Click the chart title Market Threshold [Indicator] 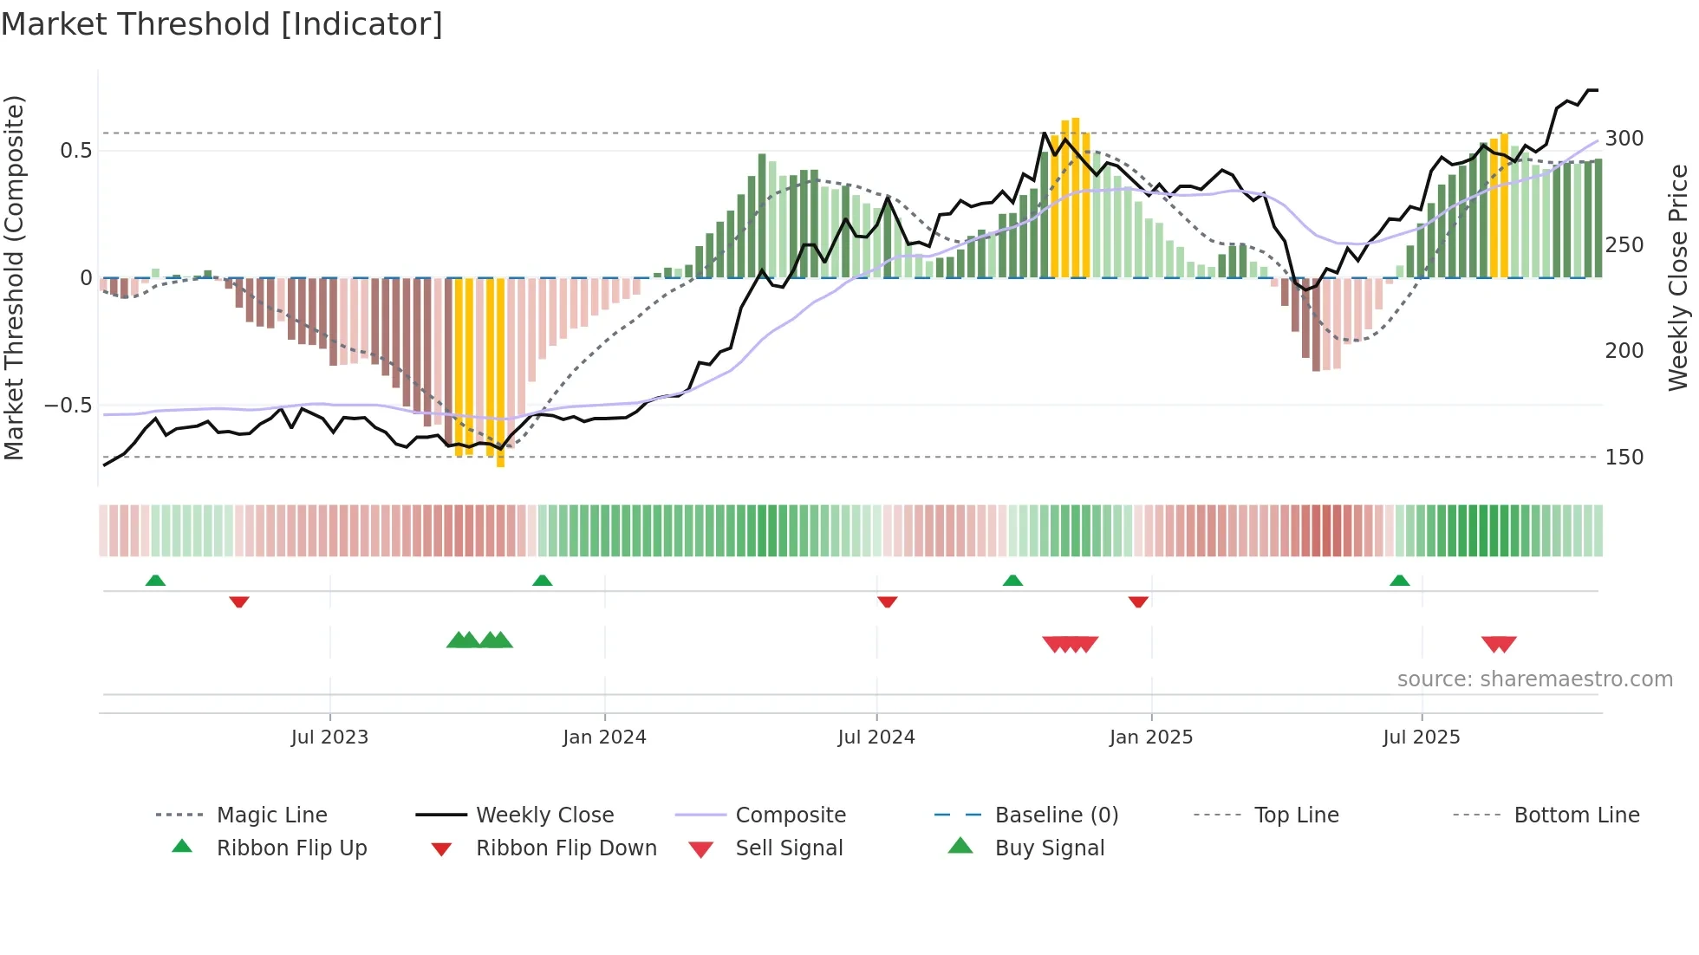[222, 24]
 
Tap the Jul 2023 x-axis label [329, 737]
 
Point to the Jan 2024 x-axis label [604, 737]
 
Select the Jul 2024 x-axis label [876, 737]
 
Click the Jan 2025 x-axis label [1150, 737]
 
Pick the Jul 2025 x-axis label [1421, 737]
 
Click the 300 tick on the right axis [1624, 139]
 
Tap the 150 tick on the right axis [1624, 458]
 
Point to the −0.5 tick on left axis [68, 406]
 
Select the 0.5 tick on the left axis [75, 151]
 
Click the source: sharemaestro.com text [1534, 679]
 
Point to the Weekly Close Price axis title [1678, 277]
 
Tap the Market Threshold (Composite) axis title [14, 277]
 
